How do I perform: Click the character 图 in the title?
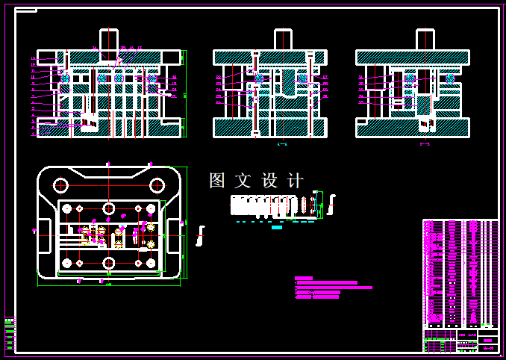point(217,180)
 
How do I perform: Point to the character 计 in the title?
point(296,180)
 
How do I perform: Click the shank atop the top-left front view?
point(109,40)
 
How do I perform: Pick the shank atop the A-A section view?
point(283,39)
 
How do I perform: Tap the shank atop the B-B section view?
point(425,39)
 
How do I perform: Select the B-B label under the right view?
point(425,143)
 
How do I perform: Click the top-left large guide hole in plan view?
point(60,185)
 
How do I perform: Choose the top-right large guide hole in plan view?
point(157,185)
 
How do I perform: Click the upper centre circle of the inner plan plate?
point(109,208)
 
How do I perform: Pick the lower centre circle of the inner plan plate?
point(109,263)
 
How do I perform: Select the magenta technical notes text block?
point(332,288)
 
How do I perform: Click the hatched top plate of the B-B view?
point(413,58)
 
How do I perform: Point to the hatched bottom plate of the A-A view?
point(269,128)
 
